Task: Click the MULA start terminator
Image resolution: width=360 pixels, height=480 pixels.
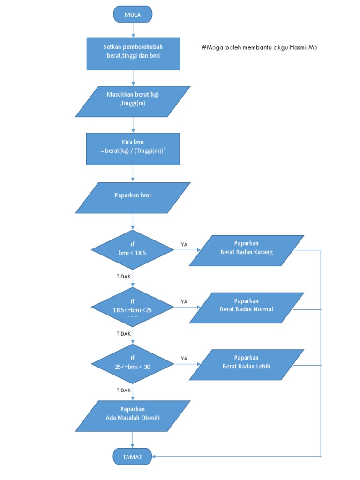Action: (x=133, y=15)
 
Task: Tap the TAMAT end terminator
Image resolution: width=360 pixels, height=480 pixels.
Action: (x=133, y=456)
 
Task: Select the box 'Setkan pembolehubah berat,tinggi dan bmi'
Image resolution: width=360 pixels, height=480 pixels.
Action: (x=133, y=54)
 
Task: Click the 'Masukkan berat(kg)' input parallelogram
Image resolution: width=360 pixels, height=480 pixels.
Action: (x=133, y=101)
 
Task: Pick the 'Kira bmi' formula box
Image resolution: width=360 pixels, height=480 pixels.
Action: (x=133, y=149)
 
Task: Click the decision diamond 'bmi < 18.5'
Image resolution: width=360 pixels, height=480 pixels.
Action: (x=133, y=250)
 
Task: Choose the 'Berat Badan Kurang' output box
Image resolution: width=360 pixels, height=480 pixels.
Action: (x=247, y=250)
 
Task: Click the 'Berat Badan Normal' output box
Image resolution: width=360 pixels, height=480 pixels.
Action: (x=247, y=307)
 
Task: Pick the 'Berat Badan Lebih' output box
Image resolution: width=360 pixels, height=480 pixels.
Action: (x=247, y=364)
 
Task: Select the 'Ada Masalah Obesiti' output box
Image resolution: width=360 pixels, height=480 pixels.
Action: (x=133, y=416)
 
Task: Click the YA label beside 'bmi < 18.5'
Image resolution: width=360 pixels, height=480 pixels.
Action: (x=184, y=245)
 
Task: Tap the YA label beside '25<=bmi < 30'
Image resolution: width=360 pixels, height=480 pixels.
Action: (x=184, y=358)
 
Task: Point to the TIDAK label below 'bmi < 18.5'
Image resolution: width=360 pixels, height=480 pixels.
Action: (x=124, y=277)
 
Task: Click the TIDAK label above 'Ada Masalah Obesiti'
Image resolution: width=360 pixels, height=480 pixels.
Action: (x=124, y=390)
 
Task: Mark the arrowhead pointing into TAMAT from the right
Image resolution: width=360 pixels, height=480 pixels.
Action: (x=156, y=456)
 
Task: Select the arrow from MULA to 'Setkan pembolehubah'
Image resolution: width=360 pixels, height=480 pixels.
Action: (x=133, y=30)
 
